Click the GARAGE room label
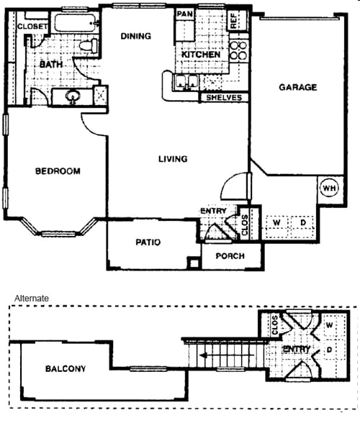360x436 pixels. [x=297, y=87]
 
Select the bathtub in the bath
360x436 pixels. [x=75, y=23]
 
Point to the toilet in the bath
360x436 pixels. [x=89, y=46]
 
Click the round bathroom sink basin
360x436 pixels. [x=73, y=96]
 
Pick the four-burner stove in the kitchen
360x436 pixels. [x=239, y=50]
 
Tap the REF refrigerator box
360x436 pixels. [x=237, y=21]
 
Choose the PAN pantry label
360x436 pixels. [x=185, y=14]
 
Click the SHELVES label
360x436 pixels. [x=224, y=98]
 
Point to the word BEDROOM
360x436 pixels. [x=58, y=171]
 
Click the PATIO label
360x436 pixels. [x=148, y=242]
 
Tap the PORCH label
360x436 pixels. [x=230, y=256]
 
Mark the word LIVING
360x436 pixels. [x=173, y=159]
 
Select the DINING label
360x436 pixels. [x=136, y=36]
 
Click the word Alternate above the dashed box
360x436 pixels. [x=32, y=299]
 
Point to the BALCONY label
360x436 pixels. [x=66, y=368]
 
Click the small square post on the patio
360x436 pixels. [x=194, y=263]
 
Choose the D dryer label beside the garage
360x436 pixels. [x=303, y=222]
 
